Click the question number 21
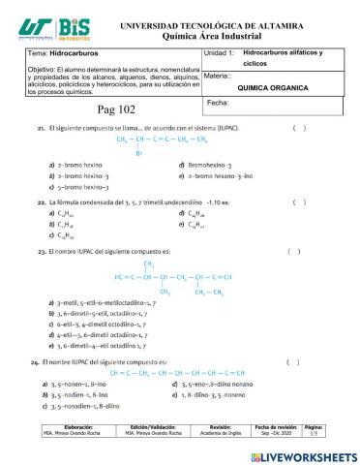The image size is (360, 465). coord(40,128)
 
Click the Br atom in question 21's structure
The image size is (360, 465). coord(139,153)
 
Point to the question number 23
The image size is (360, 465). coord(40,251)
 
